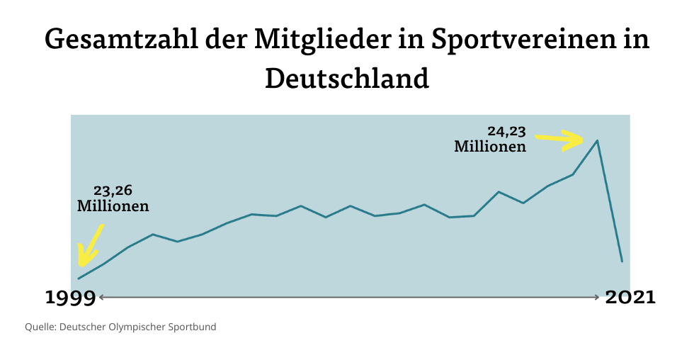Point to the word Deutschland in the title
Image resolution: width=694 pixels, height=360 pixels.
[x=347, y=78]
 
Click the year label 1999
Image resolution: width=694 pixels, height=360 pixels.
[x=70, y=298]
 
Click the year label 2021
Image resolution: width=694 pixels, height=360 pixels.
[x=630, y=298]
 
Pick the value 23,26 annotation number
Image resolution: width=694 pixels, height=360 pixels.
[x=113, y=191]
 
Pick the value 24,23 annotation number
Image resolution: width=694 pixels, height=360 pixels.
[x=506, y=131]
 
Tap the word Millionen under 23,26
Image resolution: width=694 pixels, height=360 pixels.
[x=113, y=207]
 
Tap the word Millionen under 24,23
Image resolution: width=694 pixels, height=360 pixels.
[x=490, y=147]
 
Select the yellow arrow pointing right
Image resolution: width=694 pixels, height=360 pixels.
[x=560, y=140]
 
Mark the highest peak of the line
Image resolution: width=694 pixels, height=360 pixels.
[x=598, y=140]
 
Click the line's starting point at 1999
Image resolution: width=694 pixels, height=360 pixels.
[x=79, y=279]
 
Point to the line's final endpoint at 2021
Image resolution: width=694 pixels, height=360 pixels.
[x=622, y=261]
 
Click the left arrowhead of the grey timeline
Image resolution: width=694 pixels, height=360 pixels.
[x=101, y=297]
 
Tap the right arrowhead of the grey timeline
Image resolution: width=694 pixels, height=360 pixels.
[x=599, y=297]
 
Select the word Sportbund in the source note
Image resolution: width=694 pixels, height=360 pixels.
[x=195, y=327]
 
